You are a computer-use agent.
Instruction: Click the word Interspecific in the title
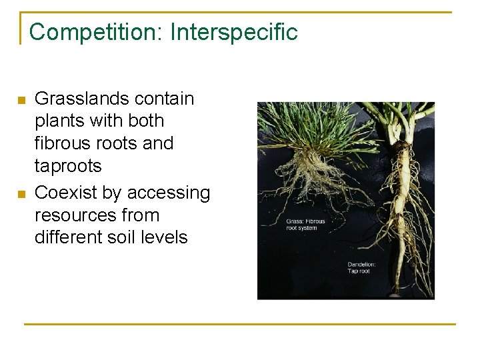234,31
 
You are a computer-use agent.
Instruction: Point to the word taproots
68,166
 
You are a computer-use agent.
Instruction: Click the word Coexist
64,193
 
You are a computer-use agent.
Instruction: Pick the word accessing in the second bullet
168,193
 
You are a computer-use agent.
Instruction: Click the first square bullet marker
21,101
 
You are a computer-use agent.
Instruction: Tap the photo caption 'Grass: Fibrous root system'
305,225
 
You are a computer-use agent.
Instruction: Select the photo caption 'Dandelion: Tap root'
362,268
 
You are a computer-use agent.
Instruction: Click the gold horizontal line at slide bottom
240,324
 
